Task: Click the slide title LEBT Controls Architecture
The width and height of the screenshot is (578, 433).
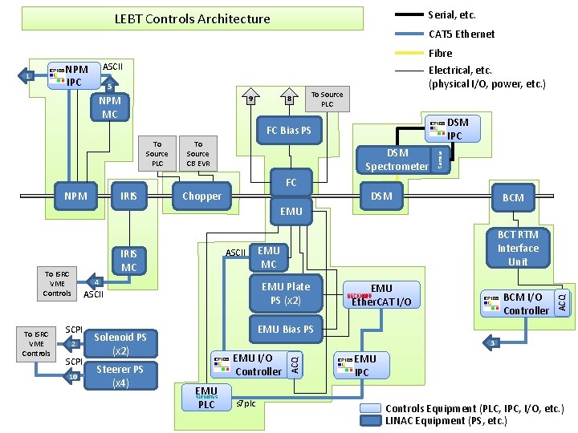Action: coord(192,19)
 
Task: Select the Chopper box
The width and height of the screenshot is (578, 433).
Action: coord(201,196)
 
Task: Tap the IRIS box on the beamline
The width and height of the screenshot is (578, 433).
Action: coord(128,196)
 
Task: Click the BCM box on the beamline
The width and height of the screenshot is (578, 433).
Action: coord(513,197)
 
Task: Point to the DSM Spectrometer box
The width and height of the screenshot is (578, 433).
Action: coord(397,160)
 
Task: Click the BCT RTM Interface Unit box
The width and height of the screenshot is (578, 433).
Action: coord(518,249)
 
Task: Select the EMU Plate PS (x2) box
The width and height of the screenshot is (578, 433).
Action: coord(286,293)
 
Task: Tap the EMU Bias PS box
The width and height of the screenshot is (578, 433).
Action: coord(286,330)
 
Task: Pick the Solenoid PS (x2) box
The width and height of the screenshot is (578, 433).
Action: coord(120,344)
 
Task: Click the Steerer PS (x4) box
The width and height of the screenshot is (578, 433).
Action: coord(120,375)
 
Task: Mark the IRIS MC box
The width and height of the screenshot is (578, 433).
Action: coord(128,260)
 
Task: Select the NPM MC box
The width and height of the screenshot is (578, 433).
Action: coord(109,108)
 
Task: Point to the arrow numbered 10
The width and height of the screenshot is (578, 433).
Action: coord(73,377)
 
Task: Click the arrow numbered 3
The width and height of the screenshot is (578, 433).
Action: coord(492,343)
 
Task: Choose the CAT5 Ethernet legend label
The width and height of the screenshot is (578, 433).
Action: coord(462,34)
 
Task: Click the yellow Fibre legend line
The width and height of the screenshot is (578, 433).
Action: coord(409,54)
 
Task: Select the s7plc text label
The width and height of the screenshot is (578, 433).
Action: coord(246,403)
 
